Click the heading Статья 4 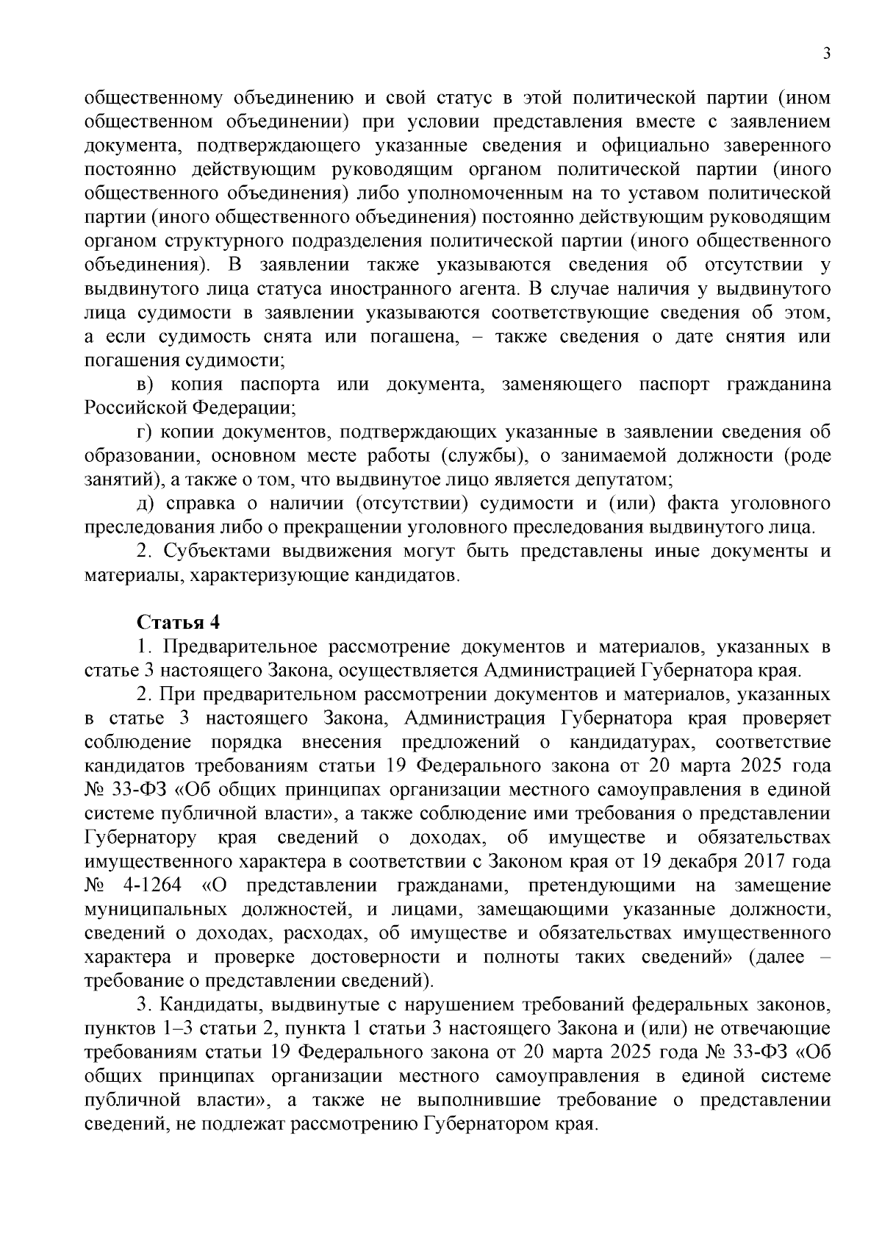click(179, 622)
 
